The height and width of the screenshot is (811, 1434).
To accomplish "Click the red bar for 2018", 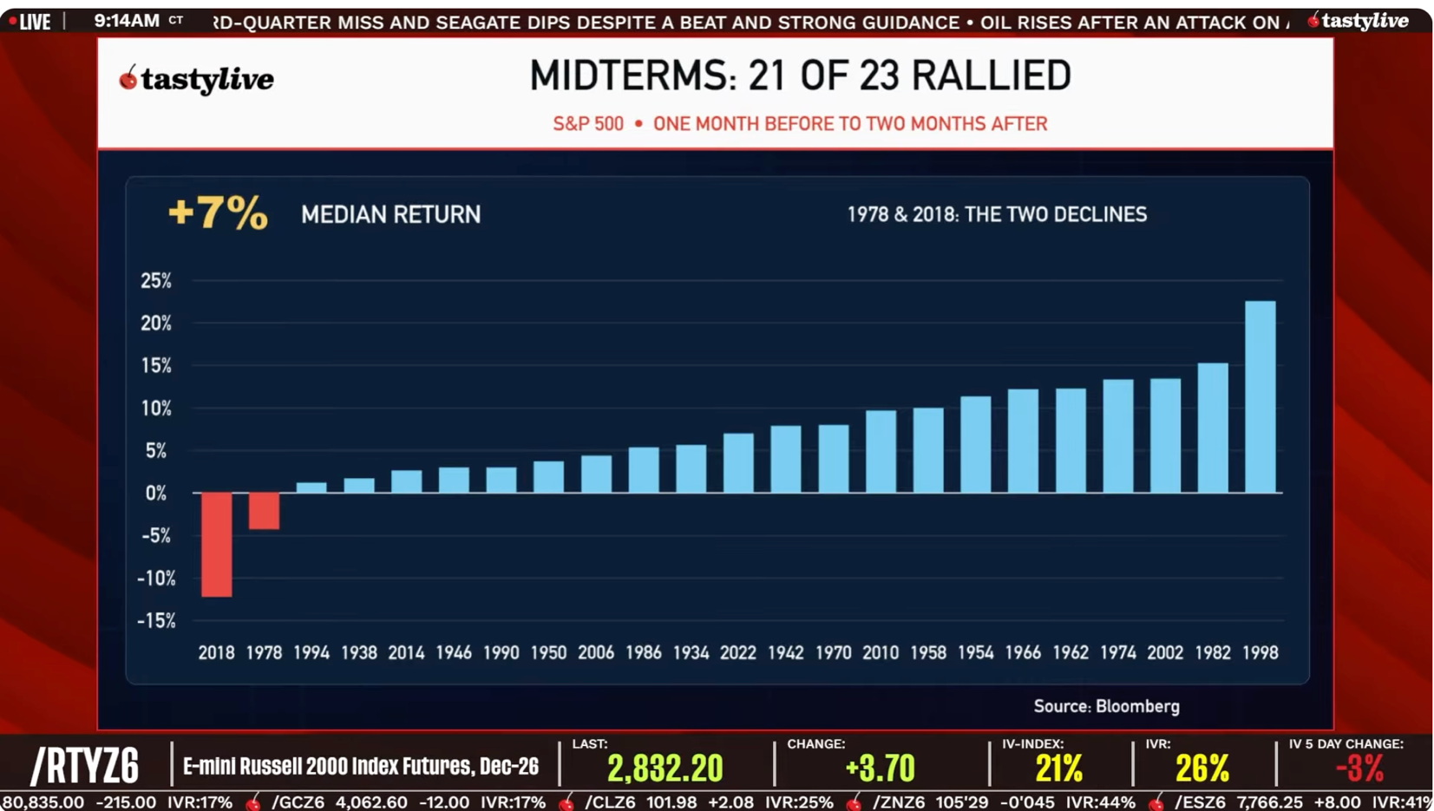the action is click(x=216, y=545).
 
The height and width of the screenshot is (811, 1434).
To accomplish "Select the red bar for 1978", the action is click(x=264, y=511).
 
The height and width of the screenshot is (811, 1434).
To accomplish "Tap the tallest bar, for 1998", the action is click(x=1260, y=397).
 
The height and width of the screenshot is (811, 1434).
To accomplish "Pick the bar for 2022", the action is click(x=738, y=463).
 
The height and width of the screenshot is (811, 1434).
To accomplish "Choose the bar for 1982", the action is click(x=1213, y=428).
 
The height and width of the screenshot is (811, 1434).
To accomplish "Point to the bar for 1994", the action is click(x=311, y=487).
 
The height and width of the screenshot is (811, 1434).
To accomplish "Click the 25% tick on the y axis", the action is click(x=156, y=280).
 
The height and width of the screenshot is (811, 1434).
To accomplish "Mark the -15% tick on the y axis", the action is click(x=156, y=620).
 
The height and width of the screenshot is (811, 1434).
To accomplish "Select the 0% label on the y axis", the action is click(x=155, y=493).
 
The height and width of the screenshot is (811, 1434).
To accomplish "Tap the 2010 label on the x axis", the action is click(x=881, y=652).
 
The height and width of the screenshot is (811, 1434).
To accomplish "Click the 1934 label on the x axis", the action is click(x=691, y=652).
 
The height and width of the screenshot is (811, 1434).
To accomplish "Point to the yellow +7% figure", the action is click(x=218, y=213).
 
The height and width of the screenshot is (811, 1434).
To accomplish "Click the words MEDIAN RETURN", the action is click(x=390, y=214).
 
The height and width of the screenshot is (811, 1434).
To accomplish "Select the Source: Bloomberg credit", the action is click(x=1106, y=706).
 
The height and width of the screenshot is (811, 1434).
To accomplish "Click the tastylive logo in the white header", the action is click(x=197, y=80).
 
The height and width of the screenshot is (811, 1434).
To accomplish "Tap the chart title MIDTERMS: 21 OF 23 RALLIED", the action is click(x=800, y=75).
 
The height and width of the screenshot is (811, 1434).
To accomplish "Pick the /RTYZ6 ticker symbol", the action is click(x=84, y=766).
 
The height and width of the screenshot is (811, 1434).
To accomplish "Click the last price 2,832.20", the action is click(x=665, y=768).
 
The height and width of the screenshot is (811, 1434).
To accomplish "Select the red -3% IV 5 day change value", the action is click(x=1359, y=768).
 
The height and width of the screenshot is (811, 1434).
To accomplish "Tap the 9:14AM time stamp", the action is click(x=127, y=21).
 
